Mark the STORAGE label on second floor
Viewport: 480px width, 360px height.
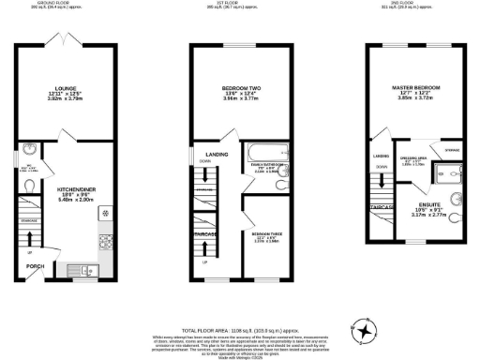click(451, 149)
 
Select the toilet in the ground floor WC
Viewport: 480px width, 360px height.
click(32, 186)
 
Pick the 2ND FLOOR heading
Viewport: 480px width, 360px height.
click(414, 4)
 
